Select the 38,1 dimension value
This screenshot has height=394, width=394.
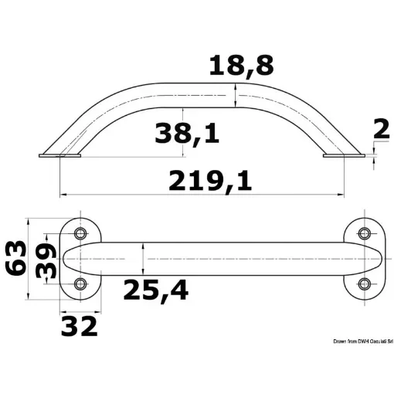186,133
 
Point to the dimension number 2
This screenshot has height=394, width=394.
380,129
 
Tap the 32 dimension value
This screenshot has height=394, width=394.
80,325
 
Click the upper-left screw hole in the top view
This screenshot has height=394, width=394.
80,231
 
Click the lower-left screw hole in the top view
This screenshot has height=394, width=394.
80,284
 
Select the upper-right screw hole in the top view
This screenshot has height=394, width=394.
365,231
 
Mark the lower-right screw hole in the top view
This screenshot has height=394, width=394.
365,284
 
